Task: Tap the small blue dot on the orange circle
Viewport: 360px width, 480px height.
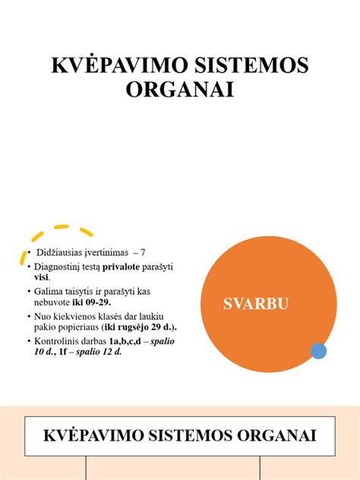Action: [x=319, y=350]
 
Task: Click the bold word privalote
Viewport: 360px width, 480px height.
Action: [x=125, y=267]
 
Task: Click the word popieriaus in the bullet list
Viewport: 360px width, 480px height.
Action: [x=79, y=327]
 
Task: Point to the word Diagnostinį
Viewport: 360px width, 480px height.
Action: [x=58, y=267]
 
